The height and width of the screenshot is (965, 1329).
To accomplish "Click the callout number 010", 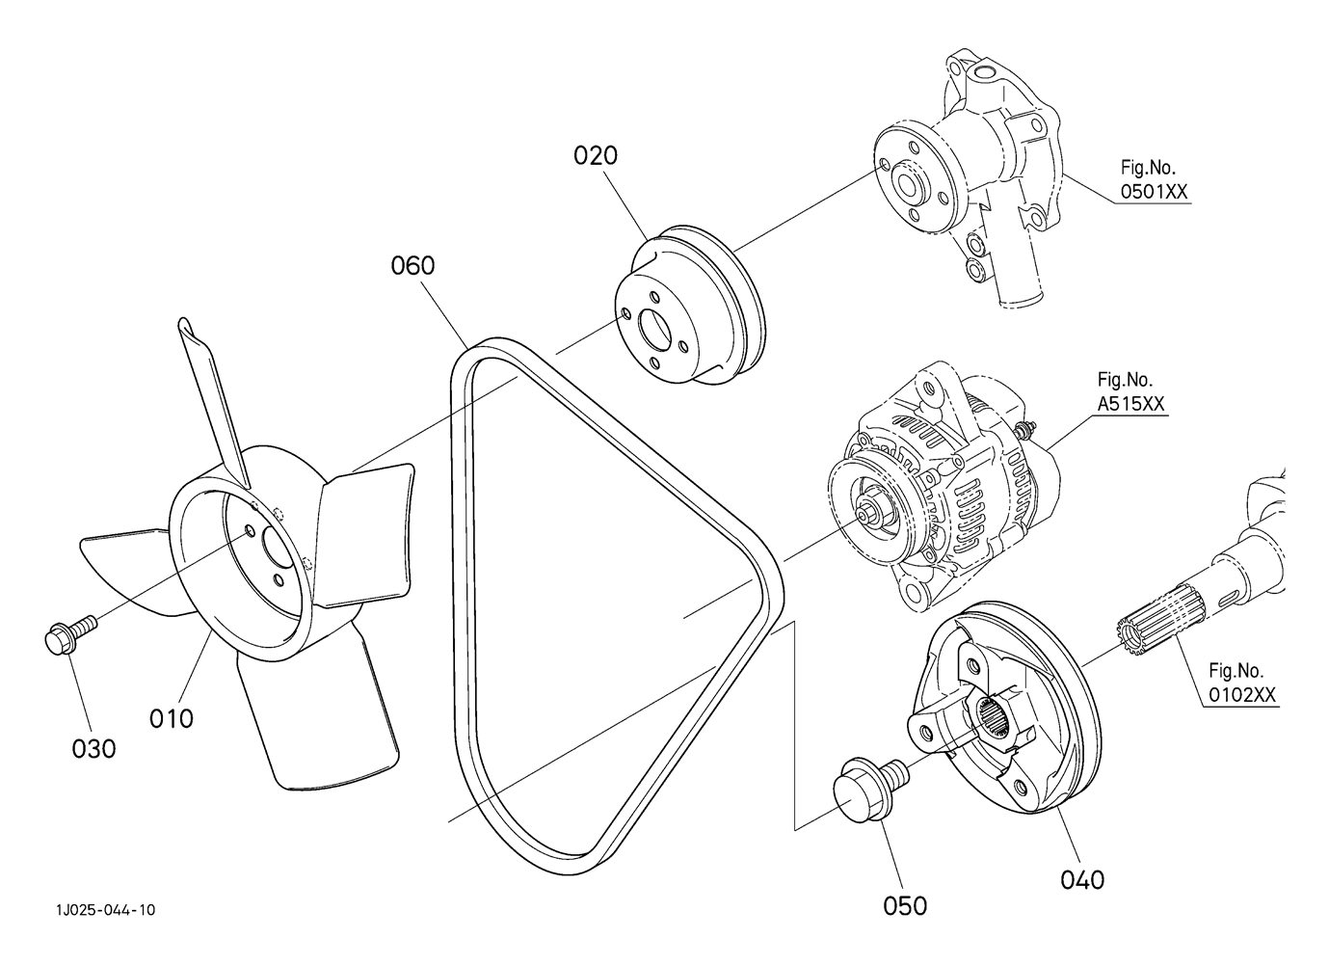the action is coord(172,719).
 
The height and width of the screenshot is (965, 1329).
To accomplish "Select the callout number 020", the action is coord(595,155).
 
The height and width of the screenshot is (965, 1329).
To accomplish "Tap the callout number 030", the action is coord(93,749).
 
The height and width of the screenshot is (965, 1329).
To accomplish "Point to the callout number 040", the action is coord(1083,880).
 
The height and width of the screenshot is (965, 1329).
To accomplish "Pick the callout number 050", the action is coord(905,906).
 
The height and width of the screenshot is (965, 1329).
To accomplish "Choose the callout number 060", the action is coord(412,265).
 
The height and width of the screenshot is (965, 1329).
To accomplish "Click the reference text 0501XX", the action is coord(1154,192).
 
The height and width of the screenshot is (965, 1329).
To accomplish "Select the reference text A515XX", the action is coord(1130,404).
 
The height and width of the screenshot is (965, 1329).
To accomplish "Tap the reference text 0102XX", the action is coord(1242,695).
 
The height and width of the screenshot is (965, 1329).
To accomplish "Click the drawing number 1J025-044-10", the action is coord(106,910).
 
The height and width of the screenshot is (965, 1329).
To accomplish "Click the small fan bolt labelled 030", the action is coord(70,633).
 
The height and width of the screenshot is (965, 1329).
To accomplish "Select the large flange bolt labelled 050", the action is coord(870,791).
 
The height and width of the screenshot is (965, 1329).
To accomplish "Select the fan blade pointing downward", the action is coord(317,717).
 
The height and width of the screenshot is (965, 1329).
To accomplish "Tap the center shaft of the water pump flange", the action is coord(905,184).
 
